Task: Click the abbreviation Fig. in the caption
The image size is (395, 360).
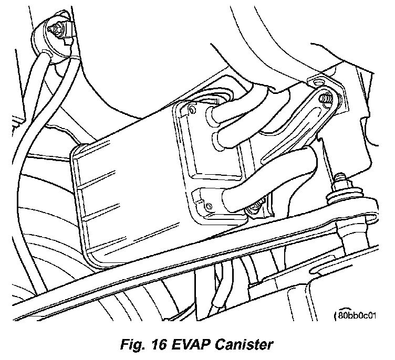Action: [130, 345]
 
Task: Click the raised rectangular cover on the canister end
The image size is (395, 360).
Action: [207, 142]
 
